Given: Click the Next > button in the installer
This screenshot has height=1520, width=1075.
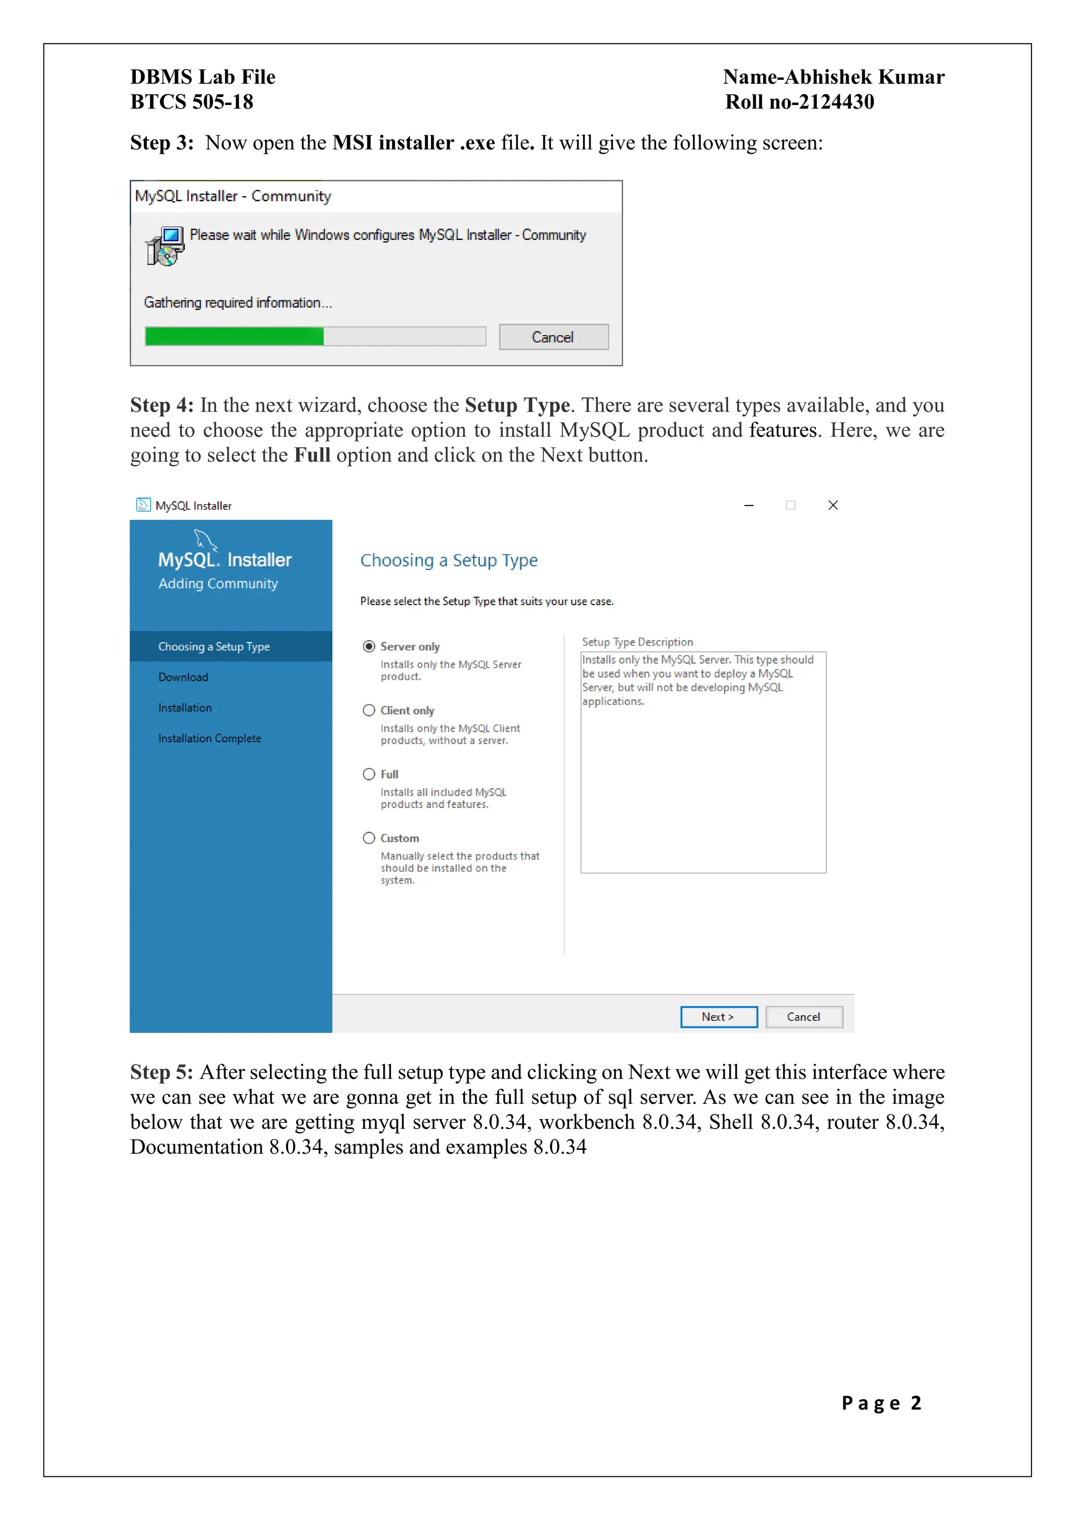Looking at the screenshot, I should pyautogui.click(x=718, y=1017).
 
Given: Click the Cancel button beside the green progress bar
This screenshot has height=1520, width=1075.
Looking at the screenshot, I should pyautogui.click(x=553, y=337).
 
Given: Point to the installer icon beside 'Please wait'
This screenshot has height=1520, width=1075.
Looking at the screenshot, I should pyautogui.click(x=165, y=246).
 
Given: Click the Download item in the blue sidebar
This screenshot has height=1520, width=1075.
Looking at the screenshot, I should pyautogui.click(x=183, y=677).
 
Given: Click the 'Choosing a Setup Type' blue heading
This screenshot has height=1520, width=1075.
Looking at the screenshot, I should pyautogui.click(x=449, y=561).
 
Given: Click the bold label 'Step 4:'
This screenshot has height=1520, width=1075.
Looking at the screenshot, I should pyautogui.click(x=162, y=405).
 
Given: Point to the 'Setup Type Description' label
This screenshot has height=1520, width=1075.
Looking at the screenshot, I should pyautogui.click(x=637, y=642).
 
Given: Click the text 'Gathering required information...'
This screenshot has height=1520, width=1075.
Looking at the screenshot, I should pyautogui.click(x=238, y=302).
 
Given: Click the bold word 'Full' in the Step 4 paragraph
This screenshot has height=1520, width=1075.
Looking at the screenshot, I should pyautogui.click(x=312, y=456).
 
